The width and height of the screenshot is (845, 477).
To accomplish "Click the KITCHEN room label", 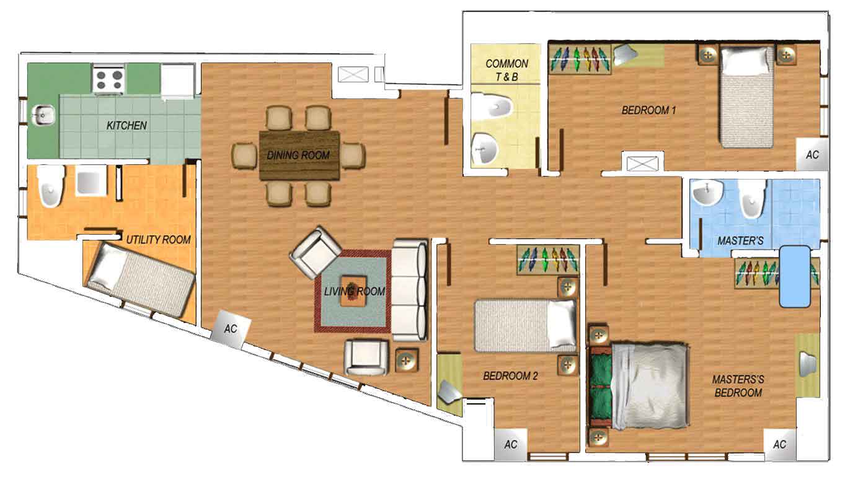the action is click(x=126, y=125).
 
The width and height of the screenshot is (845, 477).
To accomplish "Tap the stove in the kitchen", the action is click(x=109, y=79).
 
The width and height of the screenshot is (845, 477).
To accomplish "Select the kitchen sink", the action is click(x=43, y=115).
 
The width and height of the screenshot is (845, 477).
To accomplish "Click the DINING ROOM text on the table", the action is click(x=298, y=155).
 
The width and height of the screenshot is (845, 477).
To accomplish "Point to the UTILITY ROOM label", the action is click(x=159, y=240).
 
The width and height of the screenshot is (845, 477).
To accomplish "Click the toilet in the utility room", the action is click(x=51, y=186).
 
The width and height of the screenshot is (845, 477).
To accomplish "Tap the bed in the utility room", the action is click(x=139, y=279).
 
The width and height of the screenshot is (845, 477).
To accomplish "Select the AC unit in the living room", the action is click(x=231, y=329).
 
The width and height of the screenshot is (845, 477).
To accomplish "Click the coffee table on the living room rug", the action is click(x=353, y=291).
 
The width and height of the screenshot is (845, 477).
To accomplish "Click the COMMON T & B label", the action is click(x=507, y=70).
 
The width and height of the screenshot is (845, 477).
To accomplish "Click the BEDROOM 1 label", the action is click(x=648, y=110).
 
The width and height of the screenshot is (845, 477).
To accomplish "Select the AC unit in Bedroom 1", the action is click(x=812, y=154).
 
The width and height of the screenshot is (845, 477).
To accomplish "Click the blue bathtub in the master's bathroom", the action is click(x=795, y=276).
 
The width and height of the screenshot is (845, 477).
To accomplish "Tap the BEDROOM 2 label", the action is click(x=510, y=375).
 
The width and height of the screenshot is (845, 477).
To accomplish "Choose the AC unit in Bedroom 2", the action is click(x=510, y=445).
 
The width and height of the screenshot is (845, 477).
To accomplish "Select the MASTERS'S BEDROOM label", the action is click(x=738, y=386).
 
